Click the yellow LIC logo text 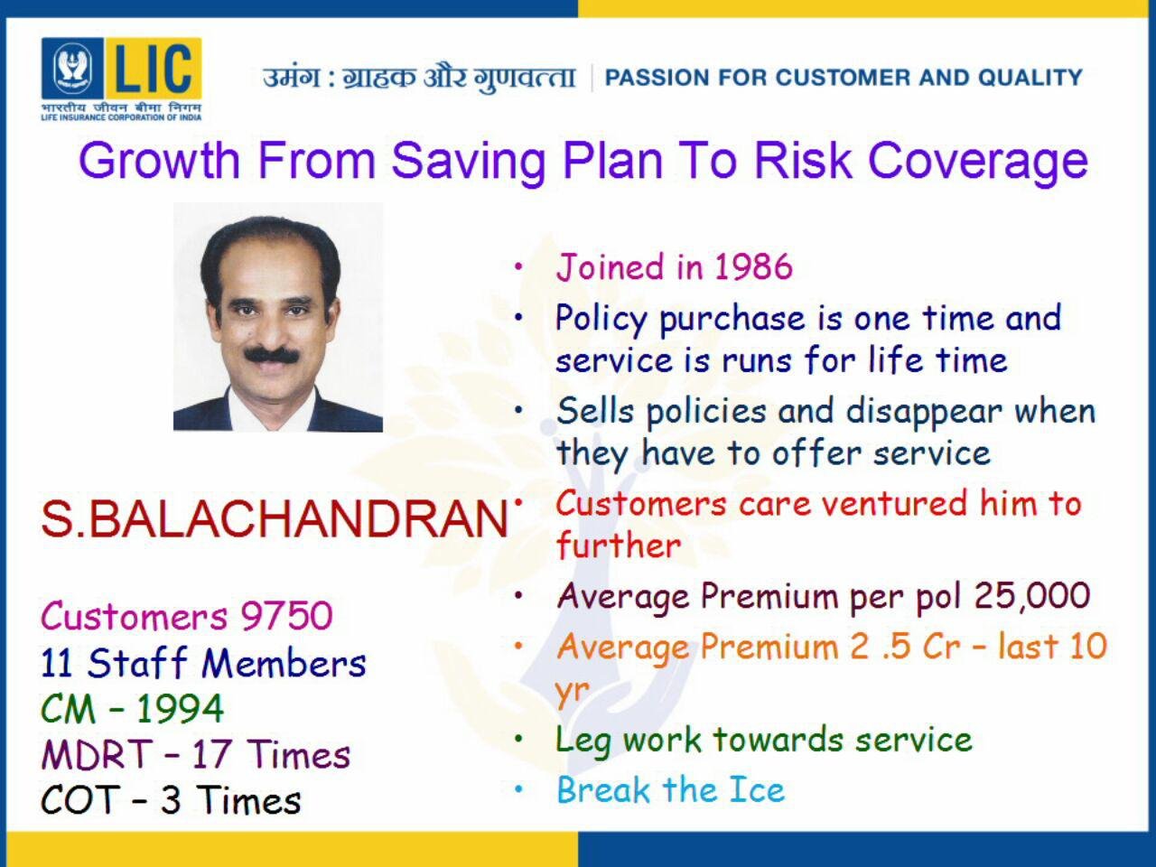pyautogui.click(x=154, y=68)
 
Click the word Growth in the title pyautogui.click(x=159, y=160)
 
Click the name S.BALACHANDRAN pyautogui.click(x=275, y=519)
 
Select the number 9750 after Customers pyautogui.click(x=286, y=615)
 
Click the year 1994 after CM pyautogui.click(x=180, y=709)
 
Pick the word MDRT pyautogui.click(x=97, y=754)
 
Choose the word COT pyautogui.click(x=79, y=800)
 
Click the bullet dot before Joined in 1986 pyautogui.click(x=518, y=266)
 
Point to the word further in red pyautogui.click(x=619, y=545)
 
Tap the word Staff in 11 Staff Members pyautogui.click(x=137, y=662)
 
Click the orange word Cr pyautogui.click(x=941, y=647)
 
